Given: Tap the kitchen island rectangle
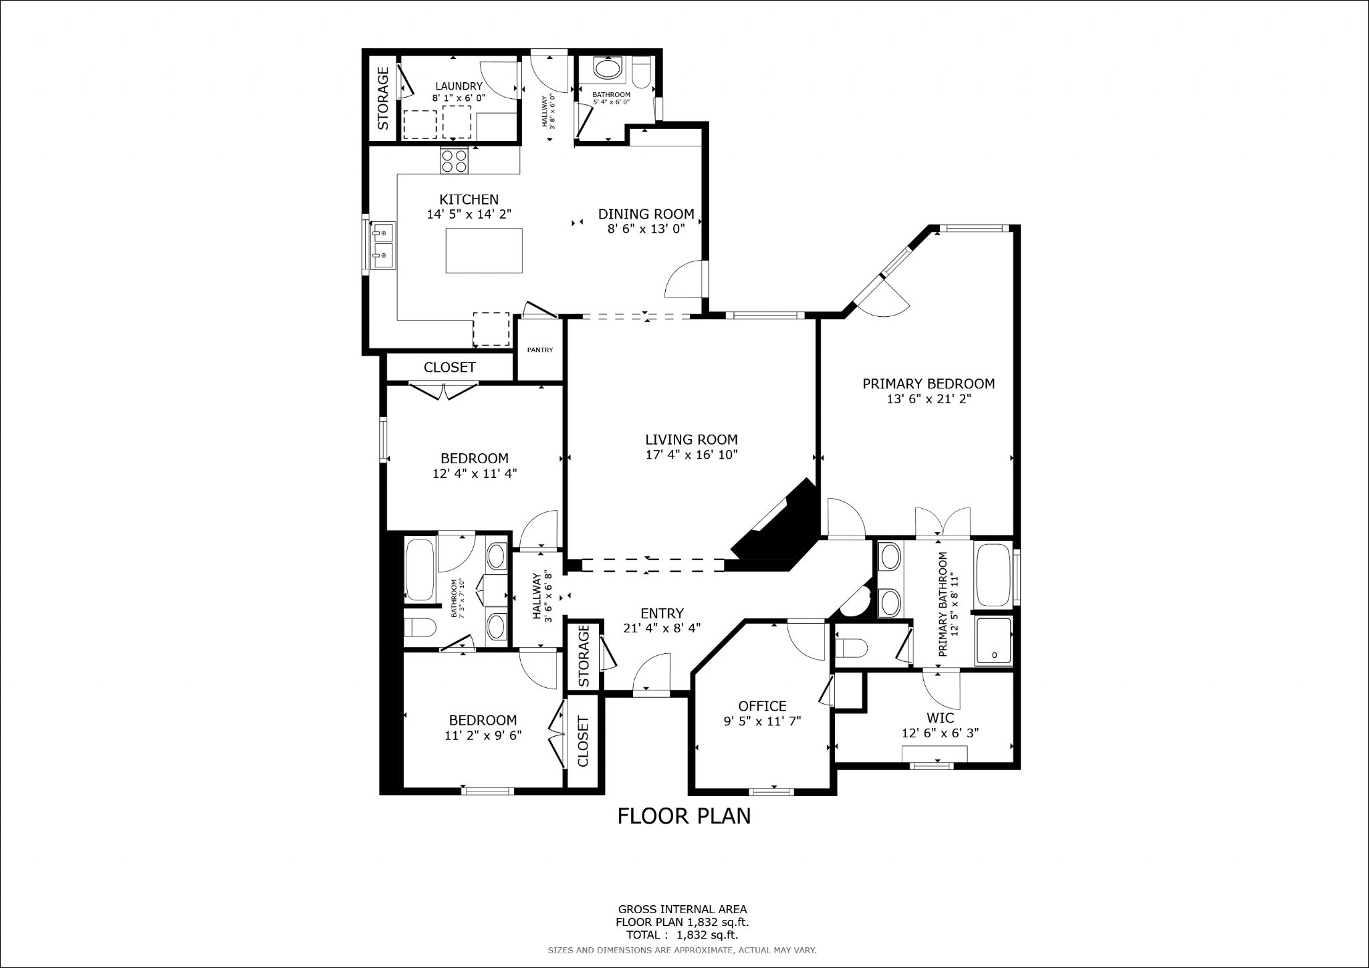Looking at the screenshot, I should (485, 250).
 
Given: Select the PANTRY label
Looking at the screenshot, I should (540, 350).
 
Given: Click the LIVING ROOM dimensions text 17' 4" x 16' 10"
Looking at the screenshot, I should (691, 455).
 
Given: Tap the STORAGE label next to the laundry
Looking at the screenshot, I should (383, 98).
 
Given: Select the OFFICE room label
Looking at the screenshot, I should (762, 706).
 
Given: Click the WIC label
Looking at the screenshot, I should (940, 718).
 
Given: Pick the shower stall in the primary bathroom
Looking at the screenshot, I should (994, 640).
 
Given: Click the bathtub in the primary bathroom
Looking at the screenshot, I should (994, 576).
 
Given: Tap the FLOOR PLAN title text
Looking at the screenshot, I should (684, 816).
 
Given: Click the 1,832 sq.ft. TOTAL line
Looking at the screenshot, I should (682, 935).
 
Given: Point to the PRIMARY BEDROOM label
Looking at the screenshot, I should (928, 384).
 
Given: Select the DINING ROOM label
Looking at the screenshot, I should (646, 215).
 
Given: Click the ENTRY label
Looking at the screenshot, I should (662, 614).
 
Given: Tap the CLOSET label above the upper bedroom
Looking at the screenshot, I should (449, 367).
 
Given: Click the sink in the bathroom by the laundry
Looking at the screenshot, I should (607, 70).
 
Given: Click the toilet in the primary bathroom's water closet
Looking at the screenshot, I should (853, 647).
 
